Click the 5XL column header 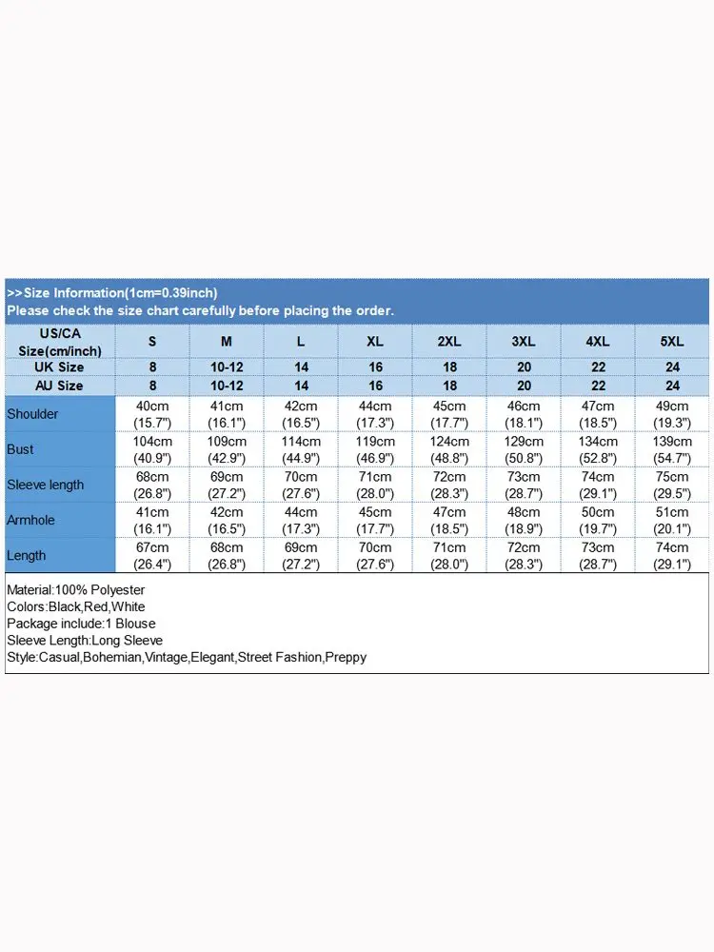click(672, 341)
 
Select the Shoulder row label click(32, 414)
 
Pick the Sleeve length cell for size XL click(375, 485)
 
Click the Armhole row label click(32, 520)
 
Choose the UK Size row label click(59, 367)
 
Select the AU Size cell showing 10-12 click(227, 386)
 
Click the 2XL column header click(449, 341)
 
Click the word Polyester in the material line click(117, 590)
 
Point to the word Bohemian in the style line click(112, 657)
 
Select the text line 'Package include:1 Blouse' click(81, 624)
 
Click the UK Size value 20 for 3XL click(524, 367)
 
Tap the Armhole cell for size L click(301, 520)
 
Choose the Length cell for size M click(227, 555)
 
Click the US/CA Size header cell click(59, 341)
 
